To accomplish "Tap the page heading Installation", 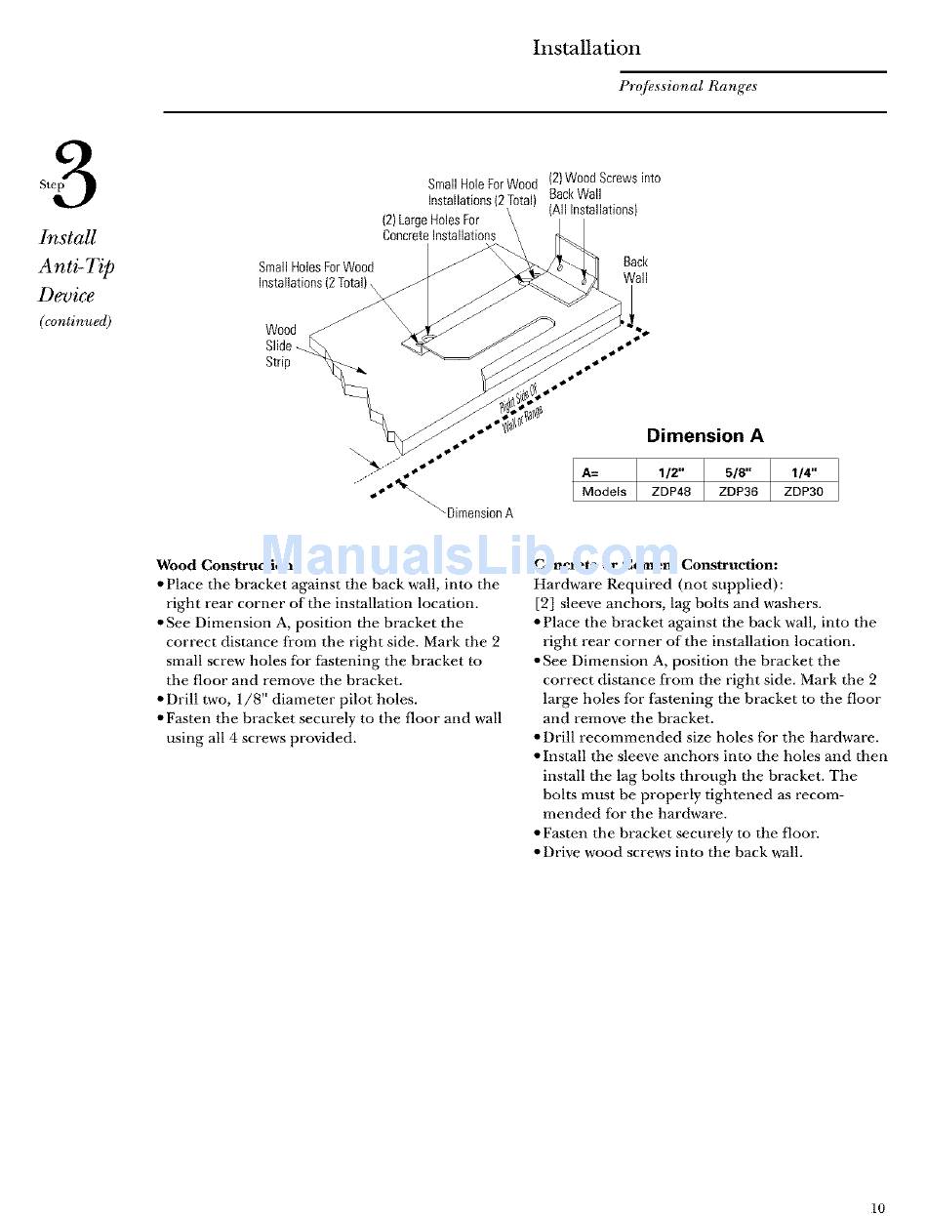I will point(585,48).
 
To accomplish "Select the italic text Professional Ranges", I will point(687,86).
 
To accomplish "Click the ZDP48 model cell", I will point(670,492).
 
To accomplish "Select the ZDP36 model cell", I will point(738,492).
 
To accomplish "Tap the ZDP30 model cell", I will point(804,492).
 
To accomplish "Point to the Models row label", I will point(604,492).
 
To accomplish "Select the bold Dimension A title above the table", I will point(705,436).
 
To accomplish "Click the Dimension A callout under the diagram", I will point(479,513).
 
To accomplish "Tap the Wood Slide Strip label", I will point(280,345).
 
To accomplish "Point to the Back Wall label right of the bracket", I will point(635,269).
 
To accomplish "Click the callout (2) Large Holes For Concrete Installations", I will point(438,227).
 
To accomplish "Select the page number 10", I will point(878,1208).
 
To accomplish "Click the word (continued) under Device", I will point(75,321).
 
